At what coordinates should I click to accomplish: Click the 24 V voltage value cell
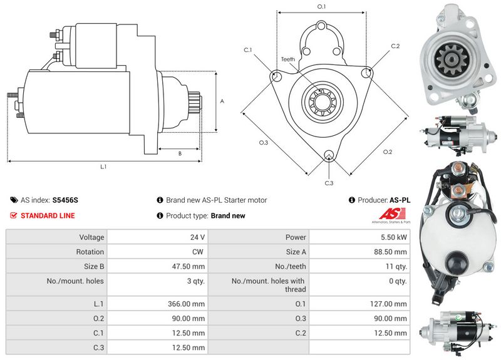click(197, 237)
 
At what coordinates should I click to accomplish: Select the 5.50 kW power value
click(394, 237)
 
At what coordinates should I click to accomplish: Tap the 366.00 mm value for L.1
click(186, 304)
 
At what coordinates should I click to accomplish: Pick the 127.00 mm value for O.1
click(388, 304)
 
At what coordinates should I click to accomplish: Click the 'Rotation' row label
click(90, 252)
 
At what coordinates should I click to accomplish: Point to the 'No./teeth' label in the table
click(291, 266)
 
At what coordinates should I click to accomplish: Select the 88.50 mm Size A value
click(390, 252)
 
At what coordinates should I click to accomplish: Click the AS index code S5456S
click(65, 200)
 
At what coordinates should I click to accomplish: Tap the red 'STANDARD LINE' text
click(48, 215)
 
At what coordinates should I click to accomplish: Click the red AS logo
click(392, 213)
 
